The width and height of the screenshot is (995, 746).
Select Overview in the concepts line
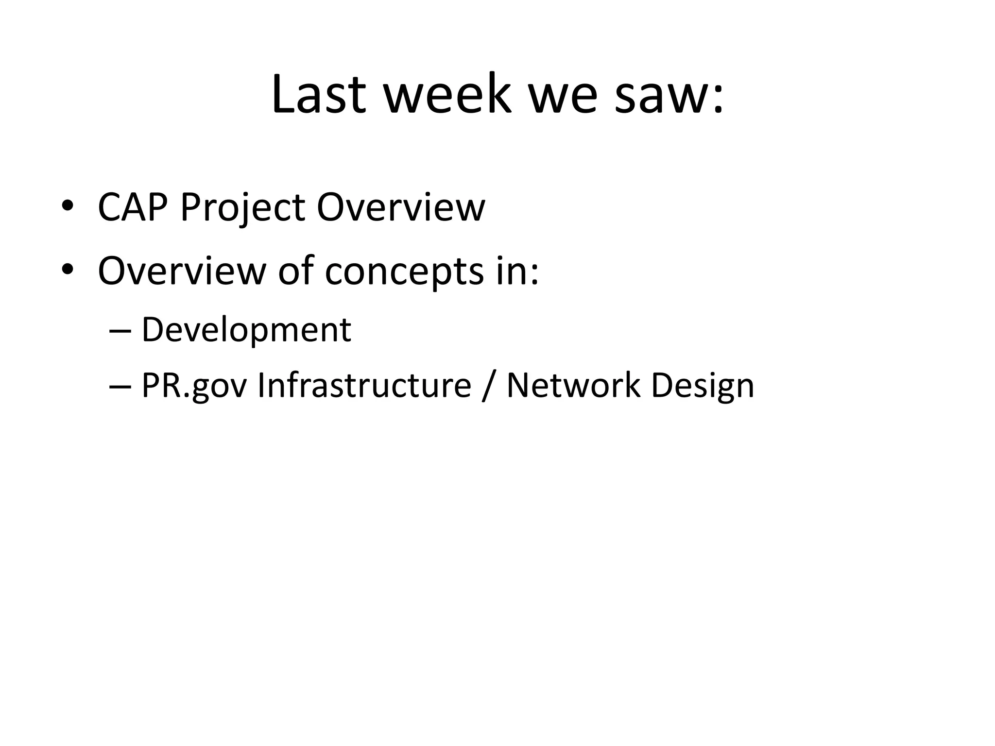click(x=181, y=271)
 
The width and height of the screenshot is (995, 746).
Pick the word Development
click(x=246, y=331)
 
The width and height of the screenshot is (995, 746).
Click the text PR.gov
click(x=194, y=387)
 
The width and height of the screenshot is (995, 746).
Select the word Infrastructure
click(x=364, y=386)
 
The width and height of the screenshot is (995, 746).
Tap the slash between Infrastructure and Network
click(x=488, y=387)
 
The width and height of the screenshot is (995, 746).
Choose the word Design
click(x=702, y=387)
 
